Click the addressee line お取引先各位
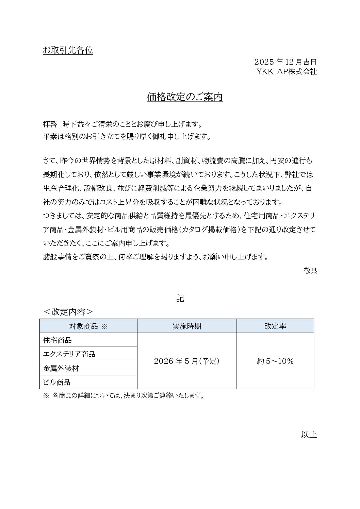68,50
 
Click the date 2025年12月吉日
285,62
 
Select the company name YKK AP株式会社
287,72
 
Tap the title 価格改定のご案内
185,97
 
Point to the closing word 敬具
310,271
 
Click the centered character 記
180,298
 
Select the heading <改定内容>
68,312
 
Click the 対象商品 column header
88,326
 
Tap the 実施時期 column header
187,326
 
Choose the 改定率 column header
275,326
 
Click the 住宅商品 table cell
58,340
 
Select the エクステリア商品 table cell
69,354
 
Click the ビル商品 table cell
57,382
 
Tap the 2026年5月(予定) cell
187,361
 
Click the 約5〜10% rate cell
275,361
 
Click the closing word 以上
309,435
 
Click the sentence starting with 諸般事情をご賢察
156,257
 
